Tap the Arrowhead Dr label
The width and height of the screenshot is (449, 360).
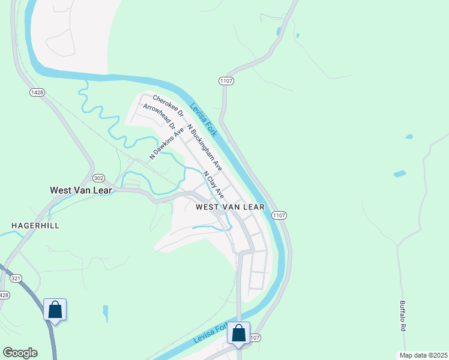coord(158,117)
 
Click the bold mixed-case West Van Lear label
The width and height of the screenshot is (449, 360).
coord(82,190)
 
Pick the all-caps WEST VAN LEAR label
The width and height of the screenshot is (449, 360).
coord(231,207)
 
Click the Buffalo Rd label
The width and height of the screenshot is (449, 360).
coord(403,316)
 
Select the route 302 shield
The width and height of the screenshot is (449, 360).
coord(99,178)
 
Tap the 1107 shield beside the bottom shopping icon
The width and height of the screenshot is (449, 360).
coord(255,338)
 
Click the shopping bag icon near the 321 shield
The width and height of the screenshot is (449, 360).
coord(55,310)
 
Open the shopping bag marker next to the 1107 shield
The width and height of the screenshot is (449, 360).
coord(238,334)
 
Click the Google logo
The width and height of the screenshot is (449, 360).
coord(20,353)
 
